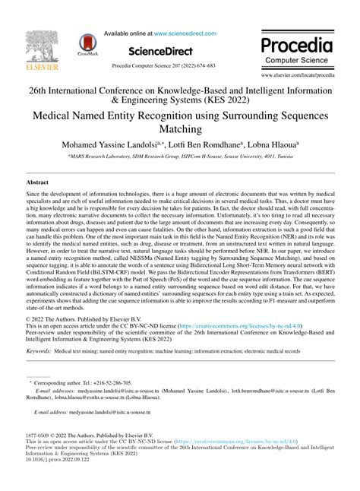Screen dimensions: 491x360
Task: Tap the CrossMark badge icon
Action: (x=89, y=47)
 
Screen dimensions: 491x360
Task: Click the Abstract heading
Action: (x=37, y=183)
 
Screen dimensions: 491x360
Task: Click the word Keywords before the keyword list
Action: (x=39, y=352)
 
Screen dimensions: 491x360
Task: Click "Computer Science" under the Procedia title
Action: (x=301, y=59)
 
